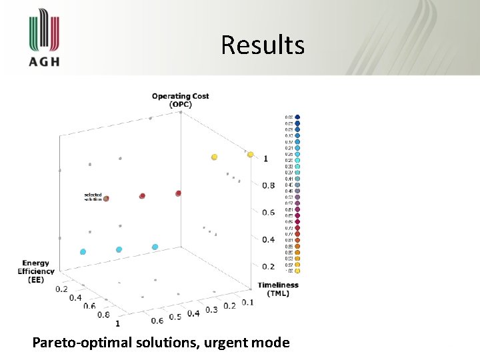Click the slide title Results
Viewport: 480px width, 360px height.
pyautogui.click(x=263, y=45)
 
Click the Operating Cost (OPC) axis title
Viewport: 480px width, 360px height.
pyautogui.click(x=180, y=100)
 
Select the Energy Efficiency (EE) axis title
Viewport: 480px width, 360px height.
pyautogui.click(x=37, y=271)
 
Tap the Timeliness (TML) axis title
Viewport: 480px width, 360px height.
pyautogui.click(x=278, y=289)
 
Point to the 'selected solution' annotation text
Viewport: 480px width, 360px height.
pyautogui.click(x=93, y=197)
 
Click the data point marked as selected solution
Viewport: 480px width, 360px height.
pyautogui.click(x=106, y=198)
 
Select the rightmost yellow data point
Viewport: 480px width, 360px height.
pyautogui.click(x=251, y=155)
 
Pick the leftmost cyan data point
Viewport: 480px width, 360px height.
pyautogui.click(x=83, y=252)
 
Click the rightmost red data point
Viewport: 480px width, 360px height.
pyautogui.click(x=178, y=193)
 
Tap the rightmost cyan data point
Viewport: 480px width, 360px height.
pyautogui.click(x=155, y=247)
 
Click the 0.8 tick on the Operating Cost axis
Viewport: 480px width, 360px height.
pyautogui.click(x=267, y=185)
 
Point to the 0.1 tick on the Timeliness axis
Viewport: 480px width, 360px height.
pyautogui.click(x=247, y=302)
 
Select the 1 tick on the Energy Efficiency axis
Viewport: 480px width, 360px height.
pyautogui.click(x=118, y=323)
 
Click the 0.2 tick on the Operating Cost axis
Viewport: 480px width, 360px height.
pyautogui.click(x=267, y=267)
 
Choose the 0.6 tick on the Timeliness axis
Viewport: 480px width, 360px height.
pyautogui.click(x=157, y=321)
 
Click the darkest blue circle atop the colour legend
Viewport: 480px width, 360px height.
pyautogui.click(x=297, y=117)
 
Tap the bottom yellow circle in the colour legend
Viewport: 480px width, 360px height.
pyautogui.click(x=297, y=271)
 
